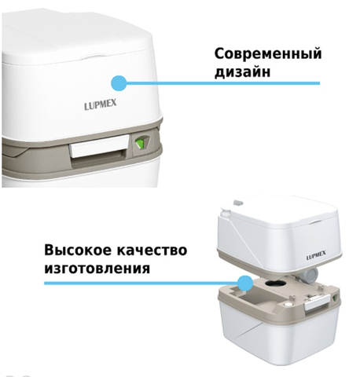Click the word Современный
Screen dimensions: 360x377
(268, 54)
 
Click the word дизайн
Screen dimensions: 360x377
(242, 71)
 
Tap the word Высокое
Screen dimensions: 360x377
(77, 251)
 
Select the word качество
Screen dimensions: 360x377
(152, 251)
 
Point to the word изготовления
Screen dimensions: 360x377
(97, 269)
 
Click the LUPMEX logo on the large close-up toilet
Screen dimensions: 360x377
(101, 104)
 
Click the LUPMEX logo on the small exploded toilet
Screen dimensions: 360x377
(316, 255)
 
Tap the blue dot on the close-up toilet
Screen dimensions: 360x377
(119, 83)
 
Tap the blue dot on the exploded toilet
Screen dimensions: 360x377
(245, 283)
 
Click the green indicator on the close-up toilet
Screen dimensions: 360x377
(139, 144)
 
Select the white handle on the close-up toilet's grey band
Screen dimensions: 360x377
(99, 146)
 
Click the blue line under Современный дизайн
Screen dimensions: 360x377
(223, 83)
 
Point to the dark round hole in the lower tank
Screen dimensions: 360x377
(274, 283)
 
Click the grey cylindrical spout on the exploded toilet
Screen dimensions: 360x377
(309, 276)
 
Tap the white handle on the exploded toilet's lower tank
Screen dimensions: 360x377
(317, 302)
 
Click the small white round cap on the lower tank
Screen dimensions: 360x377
(288, 305)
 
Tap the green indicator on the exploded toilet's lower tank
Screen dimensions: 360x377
(335, 298)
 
